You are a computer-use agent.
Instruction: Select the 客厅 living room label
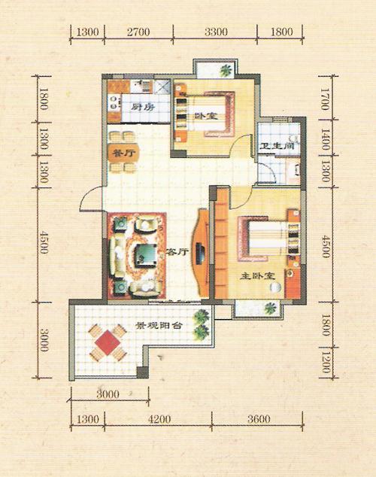pyautogui.click(x=177, y=252)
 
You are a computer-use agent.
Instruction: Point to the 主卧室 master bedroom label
pyautogui.click(x=257, y=276)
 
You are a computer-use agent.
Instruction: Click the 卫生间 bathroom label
pyautogui.click(x=277, y=146)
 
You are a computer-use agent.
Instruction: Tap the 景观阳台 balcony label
pyautogui.click(x=159, y=326)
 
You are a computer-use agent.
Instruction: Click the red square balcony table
pyautogui.click(x=108, y=342)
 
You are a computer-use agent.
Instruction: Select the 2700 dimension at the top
pyautogui.click(x=138, y=32)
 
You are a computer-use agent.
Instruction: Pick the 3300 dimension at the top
pyautogui.click(x=216, y=32)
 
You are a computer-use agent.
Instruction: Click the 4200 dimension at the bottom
pyautogui.click(x=159, y=419)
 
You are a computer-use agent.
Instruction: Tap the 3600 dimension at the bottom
pyautogui.click(x=259, y=419)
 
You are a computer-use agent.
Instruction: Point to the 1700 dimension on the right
pyautogui.click(x=325, y=99)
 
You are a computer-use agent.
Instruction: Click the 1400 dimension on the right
pyautogui.click(x=325, y=139)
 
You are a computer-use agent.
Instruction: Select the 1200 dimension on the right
pyautogui.click(x=325, y=362)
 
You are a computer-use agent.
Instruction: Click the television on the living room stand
pyautogui.click(x=200, y=254)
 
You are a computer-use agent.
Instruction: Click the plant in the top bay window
pyautogui.click(x=226, y=71)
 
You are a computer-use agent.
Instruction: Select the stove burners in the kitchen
pyautogui.click(x=114, y=102)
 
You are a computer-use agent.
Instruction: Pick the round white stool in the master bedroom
pyautogui.click(x=275, y=287)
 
